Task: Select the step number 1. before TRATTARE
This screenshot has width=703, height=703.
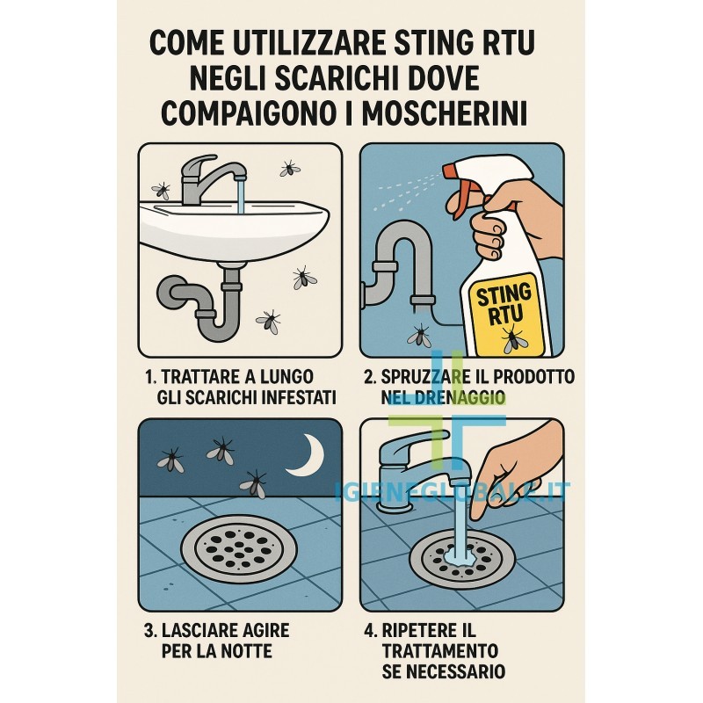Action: tap(151, 377)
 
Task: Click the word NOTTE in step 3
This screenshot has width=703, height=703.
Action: tap(250, 651)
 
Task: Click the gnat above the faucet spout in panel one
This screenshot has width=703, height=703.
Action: tap(290, 169)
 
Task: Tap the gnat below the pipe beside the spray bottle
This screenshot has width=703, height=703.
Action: tap(420, 337)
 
